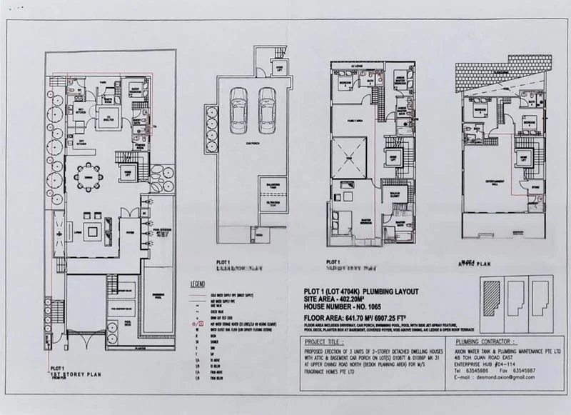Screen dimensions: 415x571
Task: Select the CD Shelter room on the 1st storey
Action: (x=111, y=117)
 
